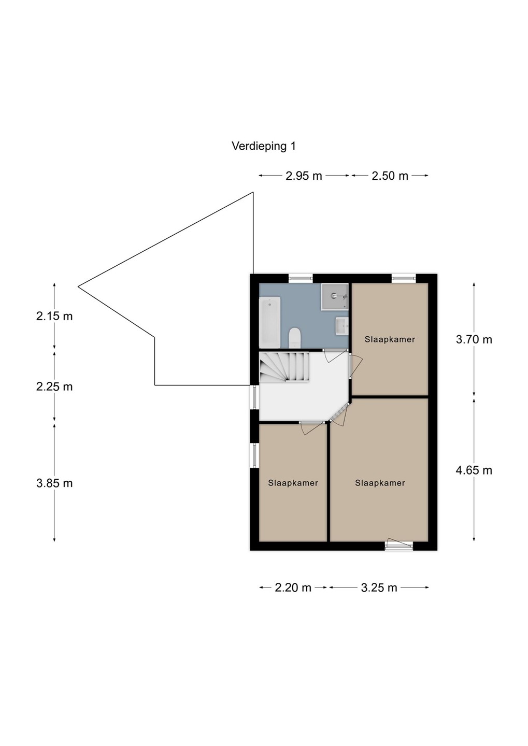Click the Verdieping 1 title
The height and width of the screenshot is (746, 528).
pos(264,146)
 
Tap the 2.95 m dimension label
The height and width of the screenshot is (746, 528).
pos(304,176)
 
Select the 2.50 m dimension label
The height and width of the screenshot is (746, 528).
pos(390,176)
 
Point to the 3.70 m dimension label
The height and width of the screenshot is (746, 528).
pos(474,340)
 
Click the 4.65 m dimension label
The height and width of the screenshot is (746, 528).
pos(474,470)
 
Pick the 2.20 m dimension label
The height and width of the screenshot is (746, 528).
pos(293,588)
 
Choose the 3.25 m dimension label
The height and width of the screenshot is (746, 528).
pos(379,588)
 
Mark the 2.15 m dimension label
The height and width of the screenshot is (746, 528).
pos(54,316)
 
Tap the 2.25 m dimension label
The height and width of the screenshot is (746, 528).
pos(54,387)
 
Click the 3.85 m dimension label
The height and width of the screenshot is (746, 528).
pos(54,483)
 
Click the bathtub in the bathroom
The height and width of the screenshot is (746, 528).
pos(270,322)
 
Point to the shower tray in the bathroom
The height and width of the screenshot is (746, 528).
pos(335,297)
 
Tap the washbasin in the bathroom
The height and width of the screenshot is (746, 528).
pos(342,326)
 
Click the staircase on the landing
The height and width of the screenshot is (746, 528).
pos(285,367)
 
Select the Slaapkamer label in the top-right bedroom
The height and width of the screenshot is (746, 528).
pos(390,340)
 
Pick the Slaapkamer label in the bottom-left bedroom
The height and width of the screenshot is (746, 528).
pos(293,483)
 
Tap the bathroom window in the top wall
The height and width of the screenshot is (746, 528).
pos(301,278)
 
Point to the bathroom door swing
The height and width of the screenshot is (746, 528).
pos(336,356)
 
